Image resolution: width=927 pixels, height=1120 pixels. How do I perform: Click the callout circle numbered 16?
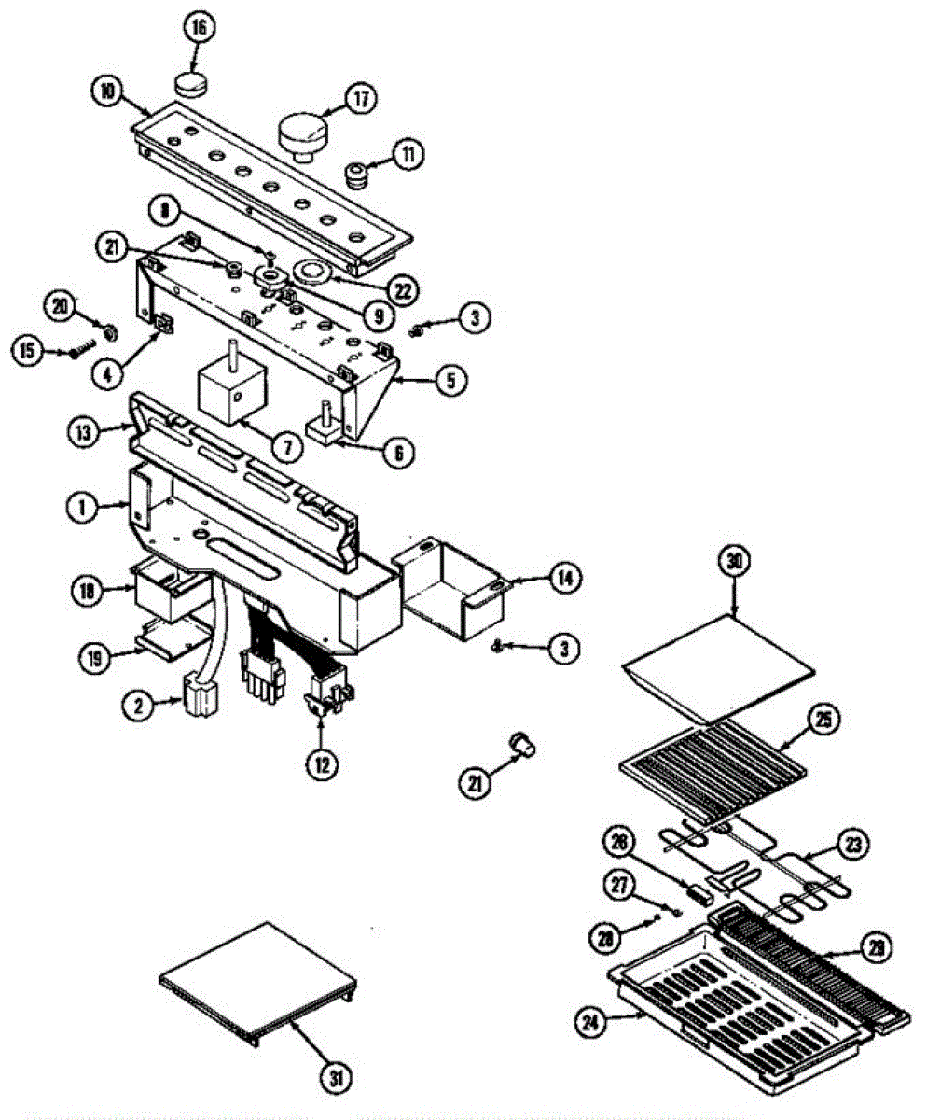pos(198,27)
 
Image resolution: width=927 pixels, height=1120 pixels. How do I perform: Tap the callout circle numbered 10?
pos(107,91)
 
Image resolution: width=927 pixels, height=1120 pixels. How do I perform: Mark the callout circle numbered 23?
pos(851,846)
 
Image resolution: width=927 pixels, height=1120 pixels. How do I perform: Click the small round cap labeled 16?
pos(191,87)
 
